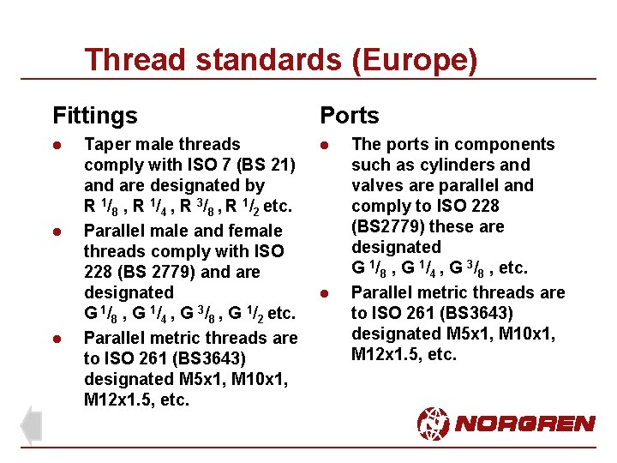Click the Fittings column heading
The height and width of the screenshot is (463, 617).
pos(94,115)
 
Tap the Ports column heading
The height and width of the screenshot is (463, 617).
pos(350,115)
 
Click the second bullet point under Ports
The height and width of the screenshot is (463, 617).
pos(325,293)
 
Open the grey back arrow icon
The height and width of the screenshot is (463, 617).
pos(31,425)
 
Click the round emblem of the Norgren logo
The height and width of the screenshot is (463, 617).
pos(434,423)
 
